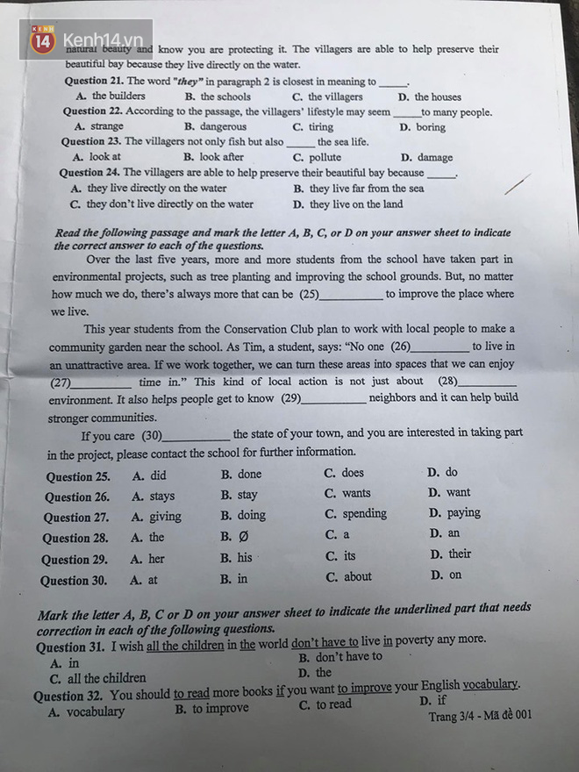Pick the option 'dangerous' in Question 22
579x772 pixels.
[x=223, y=126]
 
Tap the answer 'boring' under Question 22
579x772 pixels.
[x=430, y=127]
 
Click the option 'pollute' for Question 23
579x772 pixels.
[x=325, y=158]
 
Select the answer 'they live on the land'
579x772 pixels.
[x=355, y=204]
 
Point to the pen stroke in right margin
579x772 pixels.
[x=518, y=185]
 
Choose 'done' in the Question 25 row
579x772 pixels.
[x=249, y=474]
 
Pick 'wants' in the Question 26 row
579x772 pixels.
[x=356, y=493]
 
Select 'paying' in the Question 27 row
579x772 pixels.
[x=463, y=513]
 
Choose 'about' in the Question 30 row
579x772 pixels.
[x=357, y=577]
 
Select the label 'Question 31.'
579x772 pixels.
[x=70, y=647]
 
